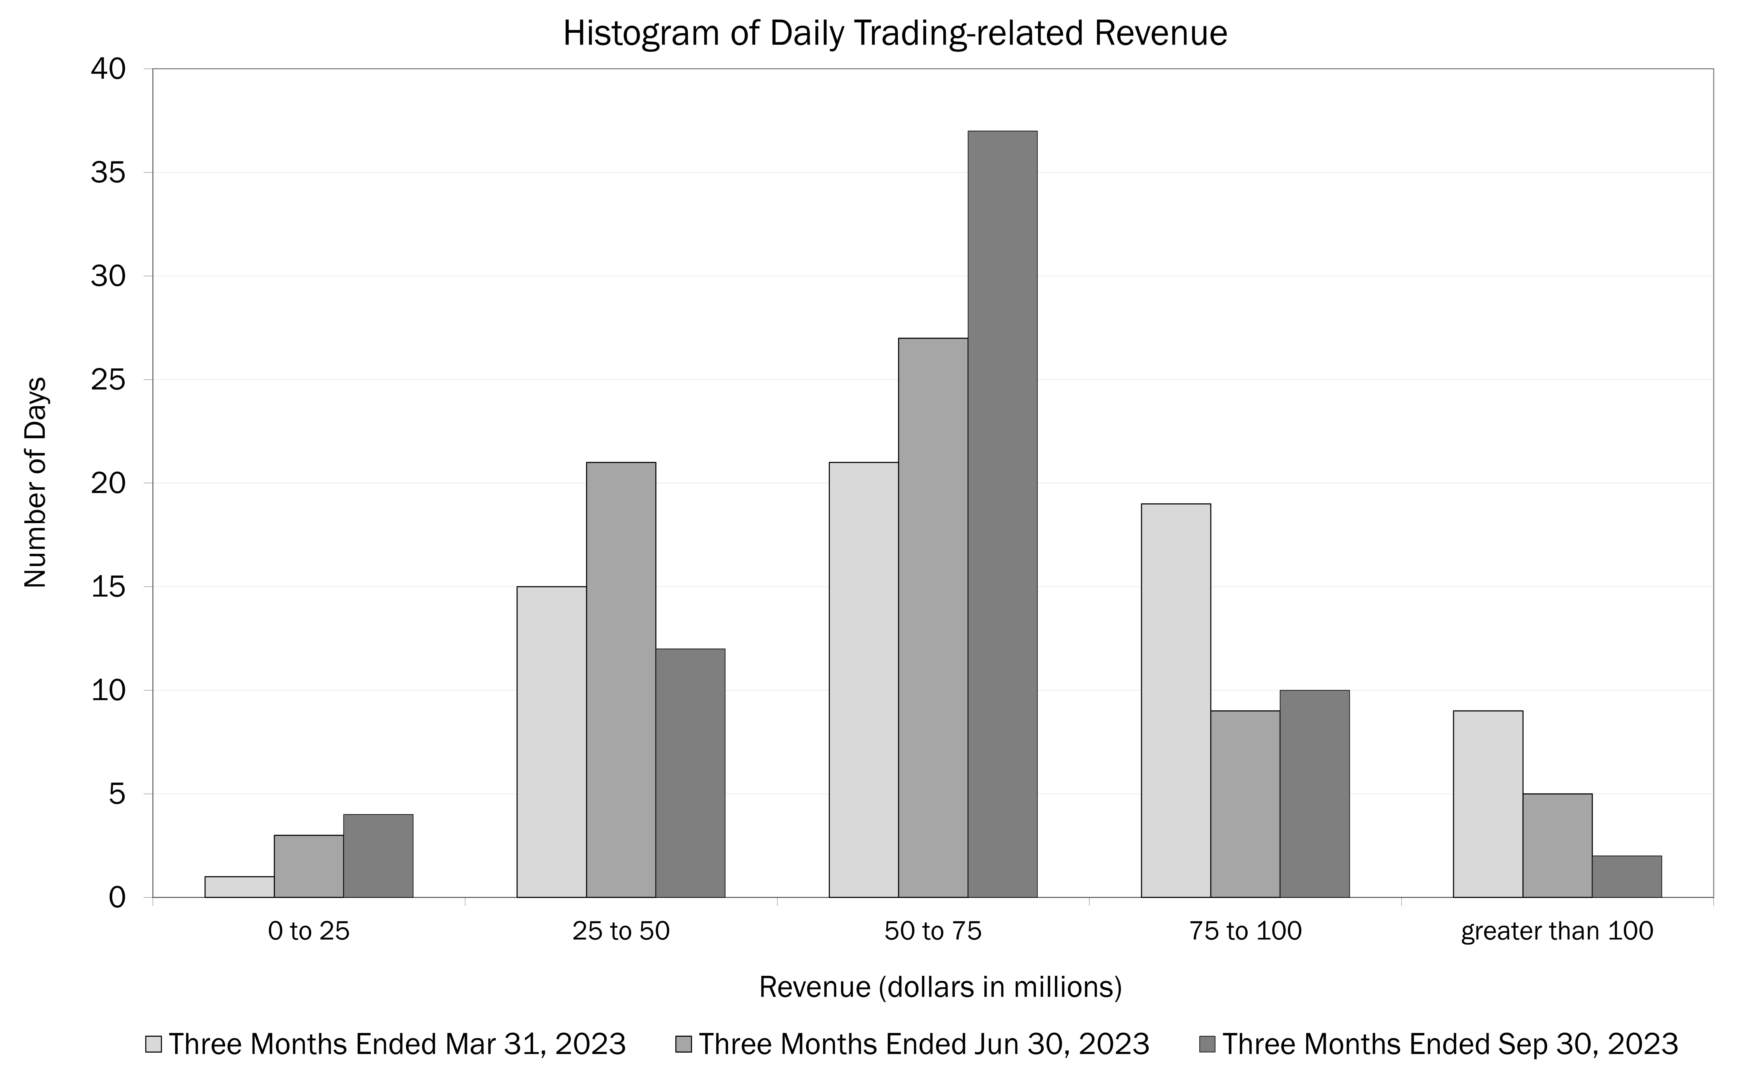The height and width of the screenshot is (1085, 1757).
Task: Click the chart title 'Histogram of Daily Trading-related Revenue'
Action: [x=895, y=34]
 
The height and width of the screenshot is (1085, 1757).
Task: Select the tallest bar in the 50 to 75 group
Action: [x=1002, y=514]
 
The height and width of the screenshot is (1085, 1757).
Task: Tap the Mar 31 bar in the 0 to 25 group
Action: [x=239, y=887]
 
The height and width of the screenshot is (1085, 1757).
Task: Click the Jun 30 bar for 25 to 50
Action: [x=620, y=680]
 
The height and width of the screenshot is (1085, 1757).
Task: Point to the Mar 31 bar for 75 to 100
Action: [x=1176, y=700]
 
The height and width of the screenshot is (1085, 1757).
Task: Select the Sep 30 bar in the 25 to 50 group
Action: [x=690, y=773]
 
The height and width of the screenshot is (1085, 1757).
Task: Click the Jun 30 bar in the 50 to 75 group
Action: [x=933, y=617]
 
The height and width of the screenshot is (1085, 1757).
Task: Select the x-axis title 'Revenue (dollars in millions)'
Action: [x=940, y=987]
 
